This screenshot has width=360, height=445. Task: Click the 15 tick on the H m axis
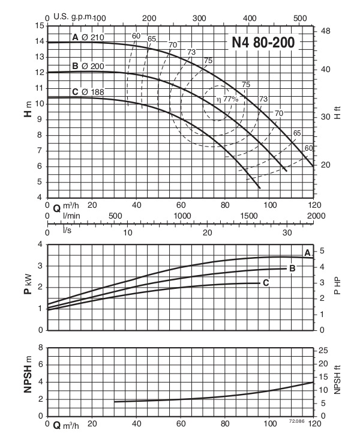click(x=40, y=25)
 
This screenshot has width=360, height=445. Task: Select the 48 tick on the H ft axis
click(x=326, y=31)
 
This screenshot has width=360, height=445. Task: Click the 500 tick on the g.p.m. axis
click(x=298, y=18)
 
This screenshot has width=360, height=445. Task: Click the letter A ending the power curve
click(x=307, y=253)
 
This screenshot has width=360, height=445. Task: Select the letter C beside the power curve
click(x=265, y=282)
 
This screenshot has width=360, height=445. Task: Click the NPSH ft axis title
click(x=337, y=382)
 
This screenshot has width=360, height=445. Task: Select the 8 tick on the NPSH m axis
click(x=40, y=348)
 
